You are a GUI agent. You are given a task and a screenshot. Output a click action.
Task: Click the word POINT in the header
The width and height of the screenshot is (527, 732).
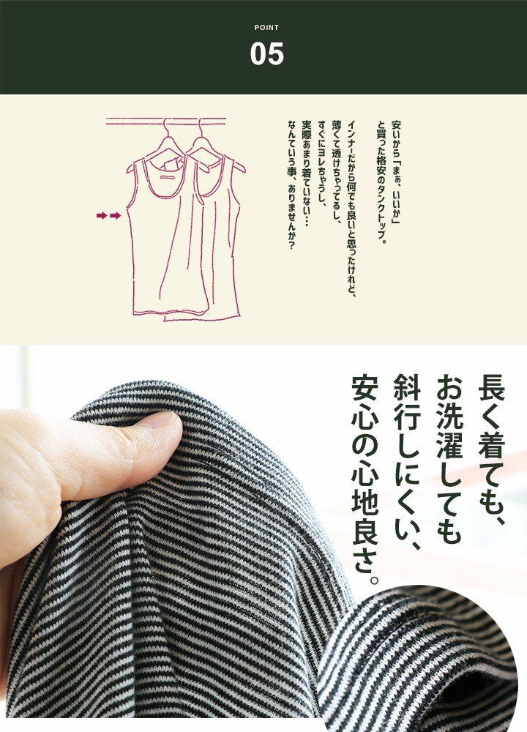tap(266, 28)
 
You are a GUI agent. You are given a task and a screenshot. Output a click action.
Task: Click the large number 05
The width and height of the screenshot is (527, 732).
tap(266, 53)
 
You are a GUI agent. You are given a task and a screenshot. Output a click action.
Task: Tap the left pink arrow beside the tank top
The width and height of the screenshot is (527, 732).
tap(102, 215)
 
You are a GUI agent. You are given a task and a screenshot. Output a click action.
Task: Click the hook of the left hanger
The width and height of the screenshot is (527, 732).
tap(165, 125)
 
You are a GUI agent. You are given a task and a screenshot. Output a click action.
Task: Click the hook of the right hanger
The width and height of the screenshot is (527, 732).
tap(200, 125)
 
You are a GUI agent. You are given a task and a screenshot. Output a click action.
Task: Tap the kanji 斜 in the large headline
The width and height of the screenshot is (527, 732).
tap(407, 387)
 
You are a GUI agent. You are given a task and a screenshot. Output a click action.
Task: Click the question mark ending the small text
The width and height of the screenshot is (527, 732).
tap(292, 247)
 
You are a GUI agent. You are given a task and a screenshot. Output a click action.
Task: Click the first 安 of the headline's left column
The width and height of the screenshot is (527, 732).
tap(365, 387)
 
